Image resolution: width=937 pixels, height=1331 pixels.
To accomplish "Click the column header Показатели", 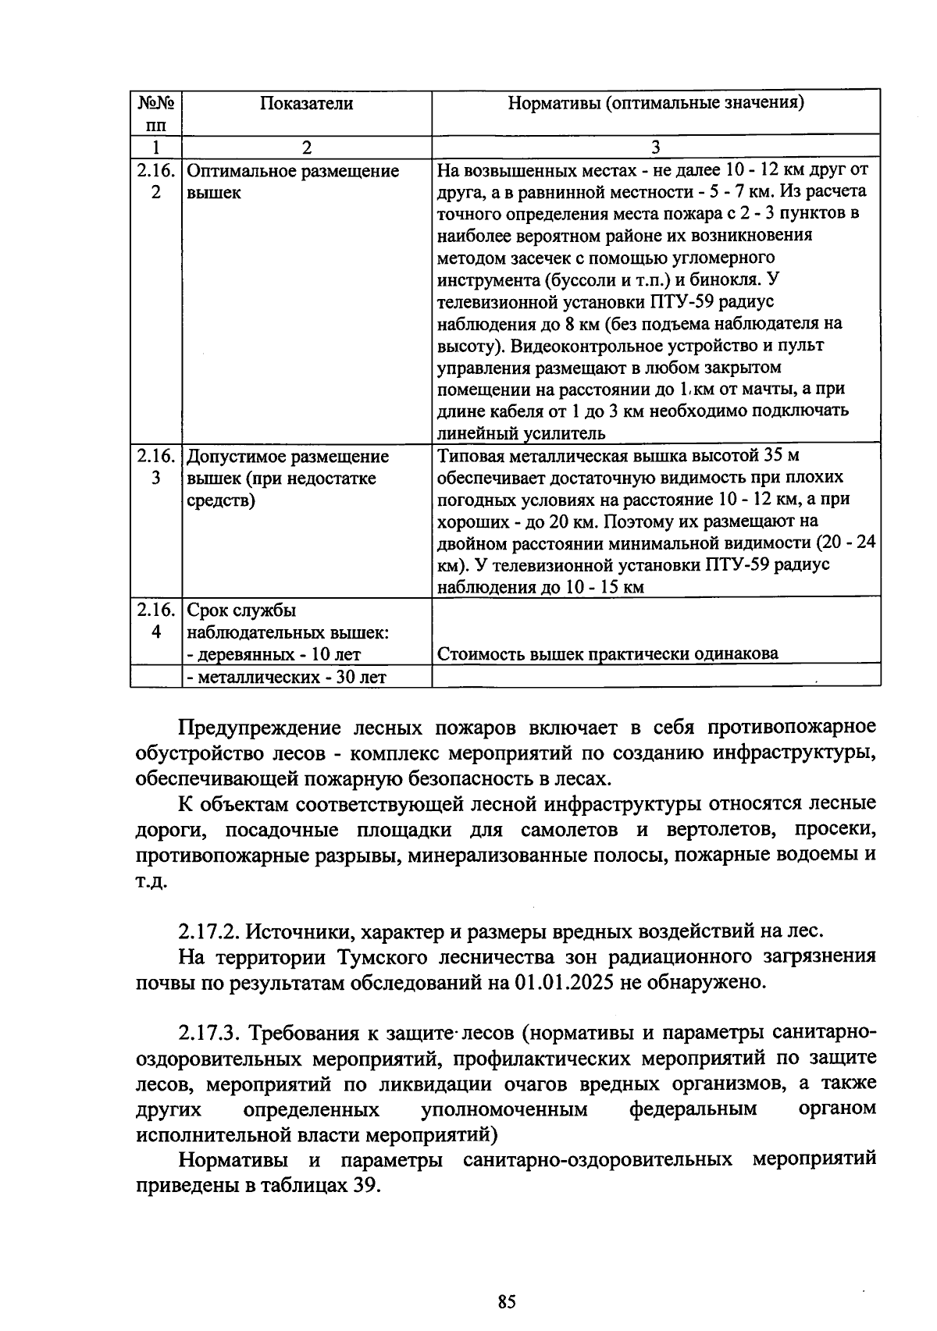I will point(306,104).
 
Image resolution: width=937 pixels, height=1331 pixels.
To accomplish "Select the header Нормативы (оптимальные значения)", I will point(656,103).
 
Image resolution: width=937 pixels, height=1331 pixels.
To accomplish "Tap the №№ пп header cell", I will point(156,114).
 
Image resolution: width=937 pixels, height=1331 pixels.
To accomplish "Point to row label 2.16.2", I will point(156,181).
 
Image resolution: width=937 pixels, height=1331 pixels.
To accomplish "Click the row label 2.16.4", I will point(156,621).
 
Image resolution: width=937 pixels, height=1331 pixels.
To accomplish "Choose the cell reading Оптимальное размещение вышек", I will point(293,181).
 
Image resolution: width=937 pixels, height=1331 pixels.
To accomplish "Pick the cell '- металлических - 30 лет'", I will point(287,677).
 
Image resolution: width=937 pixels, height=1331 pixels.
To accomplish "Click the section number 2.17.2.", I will point(208,931).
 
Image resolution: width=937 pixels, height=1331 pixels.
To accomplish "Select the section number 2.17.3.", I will point(208,1033).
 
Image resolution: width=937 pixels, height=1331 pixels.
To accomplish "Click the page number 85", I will point(507,1302).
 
